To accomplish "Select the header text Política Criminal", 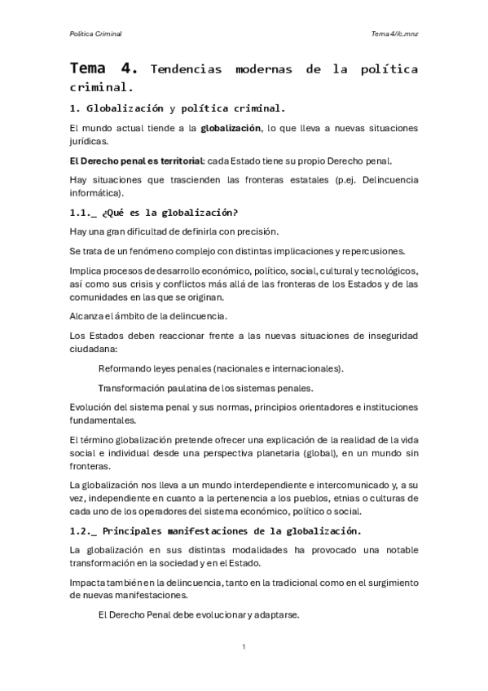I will pyautogui.click(x=95, y=33).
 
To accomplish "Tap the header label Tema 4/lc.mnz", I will pyautogui.click(x=394, y=33).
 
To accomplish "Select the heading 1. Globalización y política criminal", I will pyautogui.click(x=177, y=108).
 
